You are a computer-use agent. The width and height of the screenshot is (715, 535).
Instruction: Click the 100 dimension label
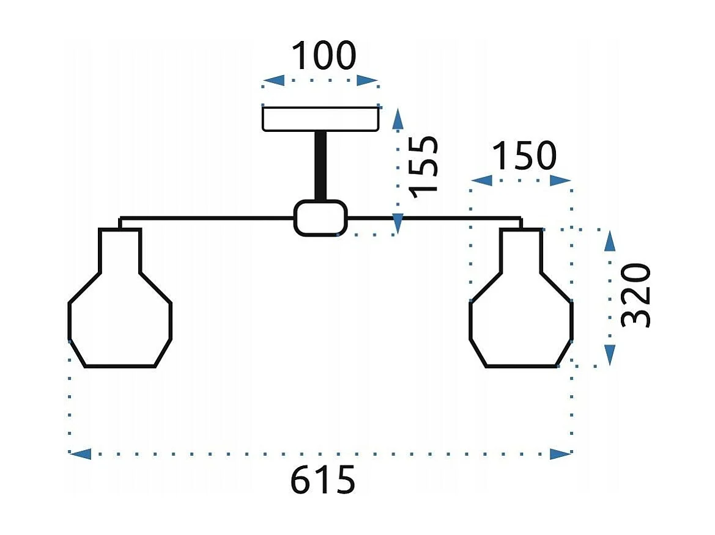pos(323,56)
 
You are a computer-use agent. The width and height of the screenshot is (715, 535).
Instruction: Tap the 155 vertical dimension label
pos(424,166)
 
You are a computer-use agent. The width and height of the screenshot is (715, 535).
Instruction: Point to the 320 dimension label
pos(635,296)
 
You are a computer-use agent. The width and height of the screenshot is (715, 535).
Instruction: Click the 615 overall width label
pos(322,479)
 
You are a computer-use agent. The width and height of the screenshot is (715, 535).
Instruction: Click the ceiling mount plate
pos(320,119)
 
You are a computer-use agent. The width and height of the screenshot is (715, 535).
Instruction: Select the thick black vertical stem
pos(320,166)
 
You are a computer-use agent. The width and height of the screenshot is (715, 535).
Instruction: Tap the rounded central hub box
pos(320,218)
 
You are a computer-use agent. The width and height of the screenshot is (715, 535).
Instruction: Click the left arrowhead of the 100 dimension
pos(273,81)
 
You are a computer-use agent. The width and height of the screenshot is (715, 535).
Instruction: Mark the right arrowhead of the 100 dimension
pos(368,81)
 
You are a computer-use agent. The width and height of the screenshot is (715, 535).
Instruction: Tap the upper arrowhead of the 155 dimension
pos(398,118)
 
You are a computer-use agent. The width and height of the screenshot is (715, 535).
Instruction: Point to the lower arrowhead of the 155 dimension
pos(398,224)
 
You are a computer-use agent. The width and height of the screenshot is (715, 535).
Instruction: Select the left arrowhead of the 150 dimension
pos(482,180)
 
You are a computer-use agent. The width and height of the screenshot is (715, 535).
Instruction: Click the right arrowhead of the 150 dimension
pos(560,180)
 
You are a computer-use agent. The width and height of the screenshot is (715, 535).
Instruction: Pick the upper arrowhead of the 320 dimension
pos(610,241)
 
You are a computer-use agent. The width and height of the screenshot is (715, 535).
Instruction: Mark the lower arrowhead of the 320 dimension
pos(610,355)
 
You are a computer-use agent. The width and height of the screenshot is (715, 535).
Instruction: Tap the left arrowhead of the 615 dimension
pos(80,454)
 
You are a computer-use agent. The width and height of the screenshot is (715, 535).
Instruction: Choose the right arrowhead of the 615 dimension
pos(560,454)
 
